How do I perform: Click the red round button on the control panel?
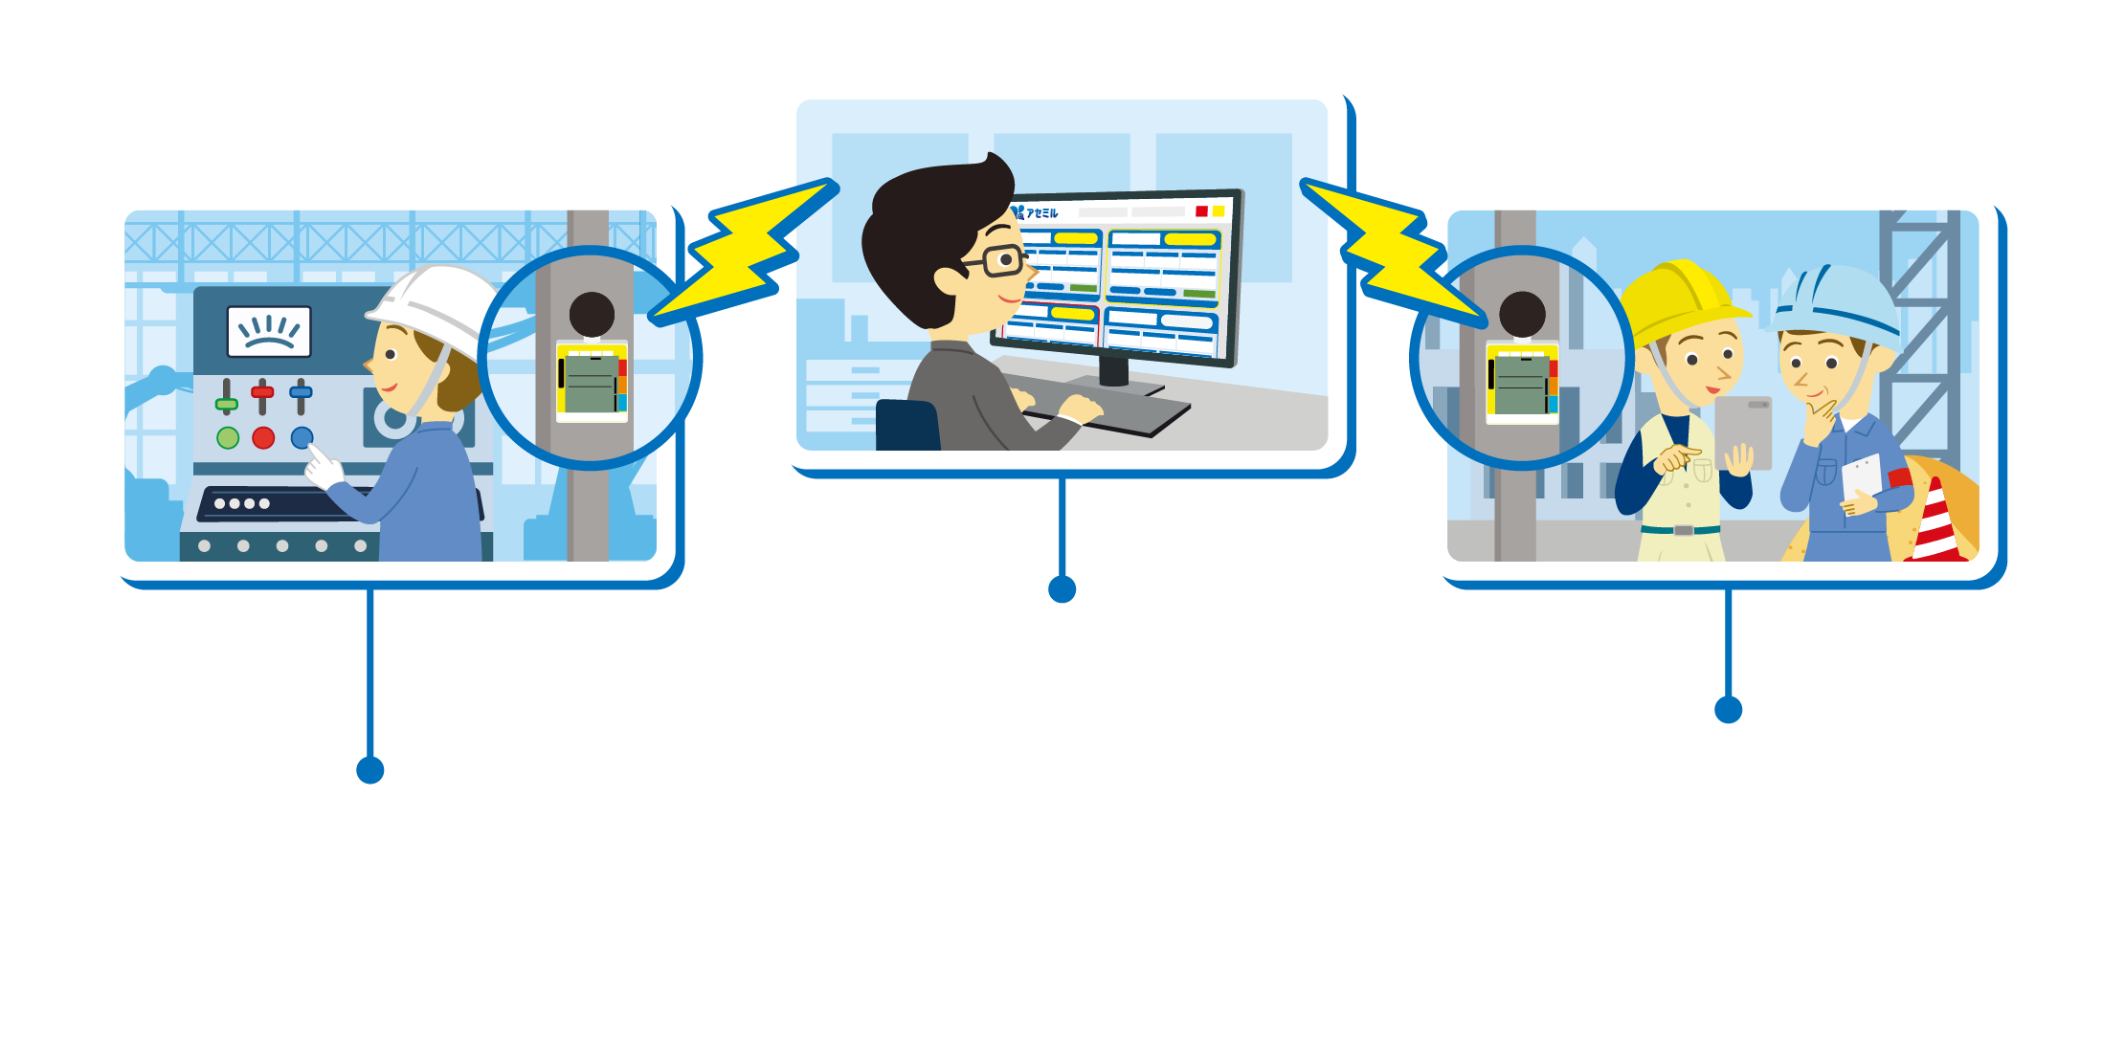coord(263,438)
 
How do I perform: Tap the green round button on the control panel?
coord(228,438)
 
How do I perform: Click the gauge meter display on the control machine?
coord(269,331)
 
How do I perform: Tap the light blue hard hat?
coord(1838,301)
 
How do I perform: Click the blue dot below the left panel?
coord(370,770)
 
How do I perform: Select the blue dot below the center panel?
coord(1062,589)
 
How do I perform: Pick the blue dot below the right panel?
coord(1729,710)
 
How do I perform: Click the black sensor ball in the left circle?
coord(592,314)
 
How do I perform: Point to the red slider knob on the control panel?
coord(262,391)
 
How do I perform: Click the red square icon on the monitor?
coord(1201,211)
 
